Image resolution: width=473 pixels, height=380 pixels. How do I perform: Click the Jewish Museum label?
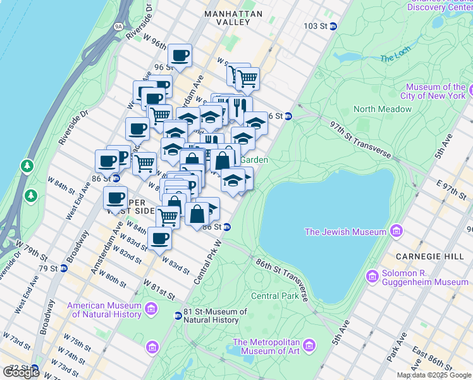point(345,232)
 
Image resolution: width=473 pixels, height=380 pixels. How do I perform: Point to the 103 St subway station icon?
point(333,26)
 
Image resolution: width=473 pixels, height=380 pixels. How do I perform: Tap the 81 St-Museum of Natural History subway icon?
point(178,315)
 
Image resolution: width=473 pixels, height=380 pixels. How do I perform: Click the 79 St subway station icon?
point(64,268)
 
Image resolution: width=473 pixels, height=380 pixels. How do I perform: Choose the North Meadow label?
point(383,109)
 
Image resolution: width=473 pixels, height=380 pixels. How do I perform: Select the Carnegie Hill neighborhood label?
point(422,256)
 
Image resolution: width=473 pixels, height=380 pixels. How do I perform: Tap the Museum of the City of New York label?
point(436,91)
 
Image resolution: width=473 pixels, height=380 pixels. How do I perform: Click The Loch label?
point(396,58)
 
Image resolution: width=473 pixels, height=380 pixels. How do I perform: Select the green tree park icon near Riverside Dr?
point(27,166)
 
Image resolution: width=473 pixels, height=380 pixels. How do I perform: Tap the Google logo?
point(21,372)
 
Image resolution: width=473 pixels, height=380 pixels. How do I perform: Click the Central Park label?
point(274,296)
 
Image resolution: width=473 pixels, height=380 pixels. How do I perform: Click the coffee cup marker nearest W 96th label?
point(180,55)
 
